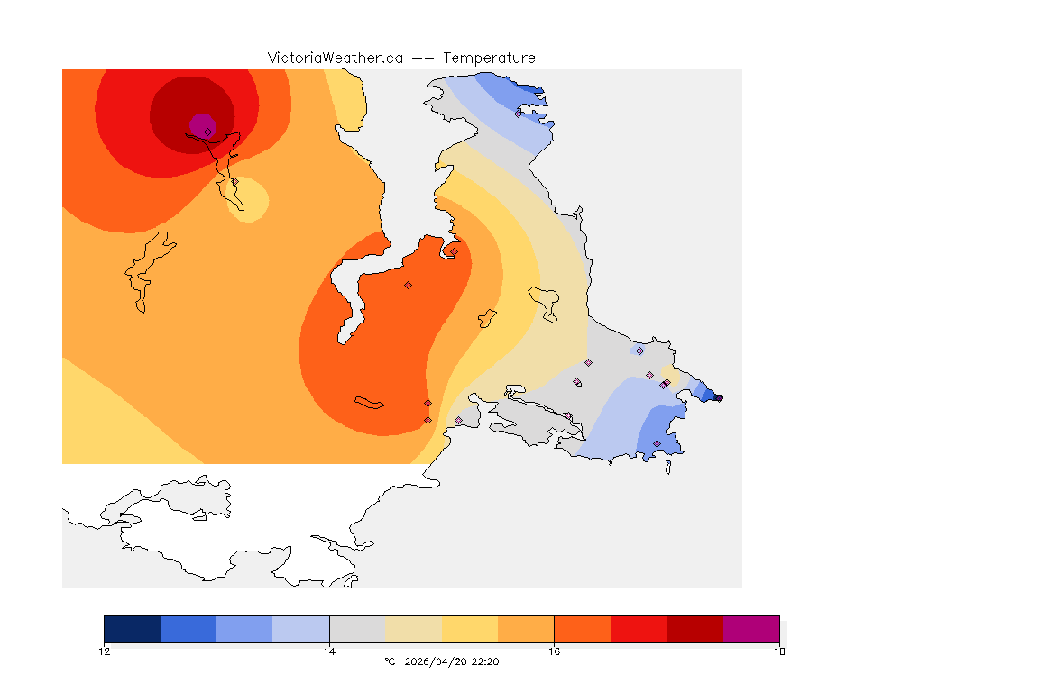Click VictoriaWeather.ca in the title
(x=335, y=58)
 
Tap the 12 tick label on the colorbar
(x=105, y=651)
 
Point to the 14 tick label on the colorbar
(x=329, y=651)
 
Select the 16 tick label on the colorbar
(x=554, y=651)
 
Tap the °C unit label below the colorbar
(x=390, y=661)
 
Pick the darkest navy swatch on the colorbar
(x=133, y=629)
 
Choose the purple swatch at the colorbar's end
(x=751, y=629)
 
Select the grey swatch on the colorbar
(x=357, y=629)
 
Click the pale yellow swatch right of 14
(x=413, y=629)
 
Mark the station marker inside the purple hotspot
(x=207, y=132)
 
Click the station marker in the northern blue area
(x=519, y=114)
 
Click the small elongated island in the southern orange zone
(x=369, y=402)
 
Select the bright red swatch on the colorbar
(x=639, y=629)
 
